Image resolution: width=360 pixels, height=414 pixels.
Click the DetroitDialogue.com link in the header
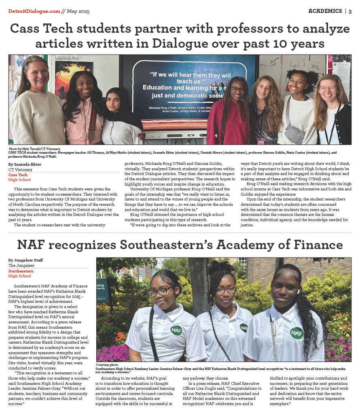click(34, 11)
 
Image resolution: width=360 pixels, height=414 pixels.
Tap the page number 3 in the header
click(350, 11)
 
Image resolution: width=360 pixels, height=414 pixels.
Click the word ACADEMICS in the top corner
click(325, 11)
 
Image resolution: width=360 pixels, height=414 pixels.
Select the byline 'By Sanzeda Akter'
click(25, 165)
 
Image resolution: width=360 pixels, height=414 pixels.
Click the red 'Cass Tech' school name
click(18, 175)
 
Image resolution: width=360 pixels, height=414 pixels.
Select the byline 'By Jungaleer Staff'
click(25, 260)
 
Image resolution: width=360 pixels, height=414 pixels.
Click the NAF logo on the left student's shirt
click(176, 330)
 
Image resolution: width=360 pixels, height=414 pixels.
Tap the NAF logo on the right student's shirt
click(296, 333)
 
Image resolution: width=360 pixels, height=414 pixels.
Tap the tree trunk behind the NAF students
click(199, 283)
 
